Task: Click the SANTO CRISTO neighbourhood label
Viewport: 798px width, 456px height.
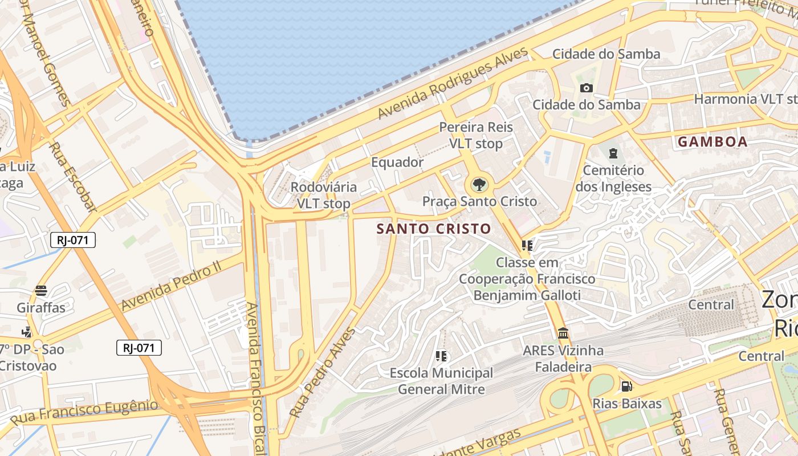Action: pos(434,229)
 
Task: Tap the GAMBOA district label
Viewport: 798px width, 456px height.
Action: pos(712,142)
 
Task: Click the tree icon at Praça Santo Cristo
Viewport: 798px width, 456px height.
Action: pos(479,185)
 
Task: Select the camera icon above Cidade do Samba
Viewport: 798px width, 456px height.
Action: pos(586,88)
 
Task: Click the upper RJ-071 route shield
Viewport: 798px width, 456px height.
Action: pos(73,240)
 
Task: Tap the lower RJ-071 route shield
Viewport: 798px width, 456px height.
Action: pos(139,348)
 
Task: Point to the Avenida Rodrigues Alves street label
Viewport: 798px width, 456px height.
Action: pos(453,83)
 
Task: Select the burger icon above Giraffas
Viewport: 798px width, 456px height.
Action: pos(41,291)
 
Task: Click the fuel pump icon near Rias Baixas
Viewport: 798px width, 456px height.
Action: pos(626,386)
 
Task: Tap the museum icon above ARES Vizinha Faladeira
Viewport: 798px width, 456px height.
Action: pos(563,333)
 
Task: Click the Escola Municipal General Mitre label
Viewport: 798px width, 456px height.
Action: pos(441,381)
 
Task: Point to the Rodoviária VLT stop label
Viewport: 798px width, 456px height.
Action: pos(323,195)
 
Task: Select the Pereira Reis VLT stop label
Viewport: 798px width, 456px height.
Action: pos(476,135)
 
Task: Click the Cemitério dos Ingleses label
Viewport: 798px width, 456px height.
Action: pos(613,178)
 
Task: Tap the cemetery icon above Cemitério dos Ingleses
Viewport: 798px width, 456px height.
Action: pos(613,153)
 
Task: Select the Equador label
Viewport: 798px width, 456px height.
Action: pos(397,162)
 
